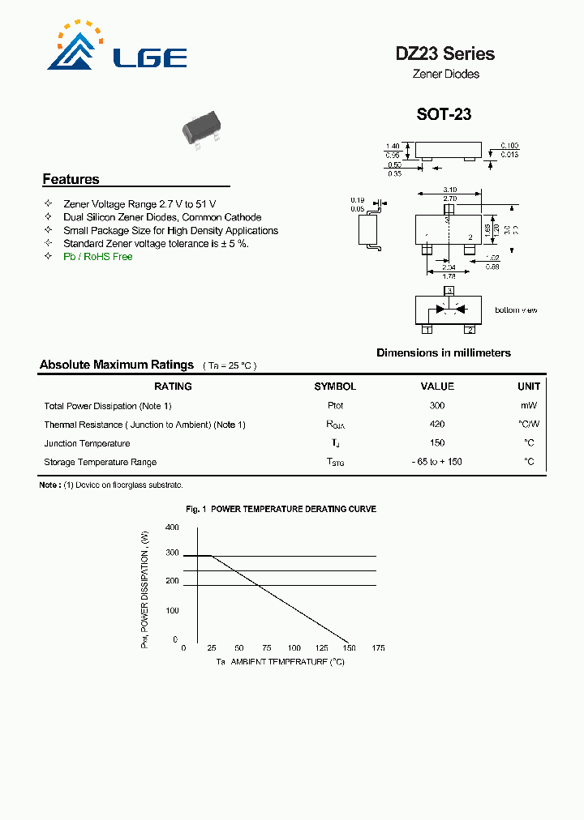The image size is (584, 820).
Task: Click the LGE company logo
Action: point(118,50)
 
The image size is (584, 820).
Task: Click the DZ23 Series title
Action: point(444,54)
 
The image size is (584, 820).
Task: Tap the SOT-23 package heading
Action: point(444,114)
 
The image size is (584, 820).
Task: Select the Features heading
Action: point(71,179)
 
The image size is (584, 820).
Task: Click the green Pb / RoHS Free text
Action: point(97,257)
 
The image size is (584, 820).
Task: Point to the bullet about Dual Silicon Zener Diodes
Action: point(162,217)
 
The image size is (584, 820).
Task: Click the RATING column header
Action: point(173,387)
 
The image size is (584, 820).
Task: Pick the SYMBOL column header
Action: point(335,387)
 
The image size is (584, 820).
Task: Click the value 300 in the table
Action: point(437,406)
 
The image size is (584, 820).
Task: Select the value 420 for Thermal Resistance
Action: point(437,425)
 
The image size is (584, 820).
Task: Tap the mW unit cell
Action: point(529,406)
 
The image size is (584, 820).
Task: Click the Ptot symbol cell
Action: point(335,406)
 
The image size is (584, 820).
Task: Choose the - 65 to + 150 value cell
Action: point(437,462)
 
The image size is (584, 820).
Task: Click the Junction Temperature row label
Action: point(87,443)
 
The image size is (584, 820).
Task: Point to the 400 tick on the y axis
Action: point(172,527)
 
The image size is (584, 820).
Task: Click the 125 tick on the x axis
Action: point(322,648)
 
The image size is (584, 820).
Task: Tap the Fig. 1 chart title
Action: point(281,509)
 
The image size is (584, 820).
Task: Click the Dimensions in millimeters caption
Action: point(444,352)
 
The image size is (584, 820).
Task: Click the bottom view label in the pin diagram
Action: point(516,310)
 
